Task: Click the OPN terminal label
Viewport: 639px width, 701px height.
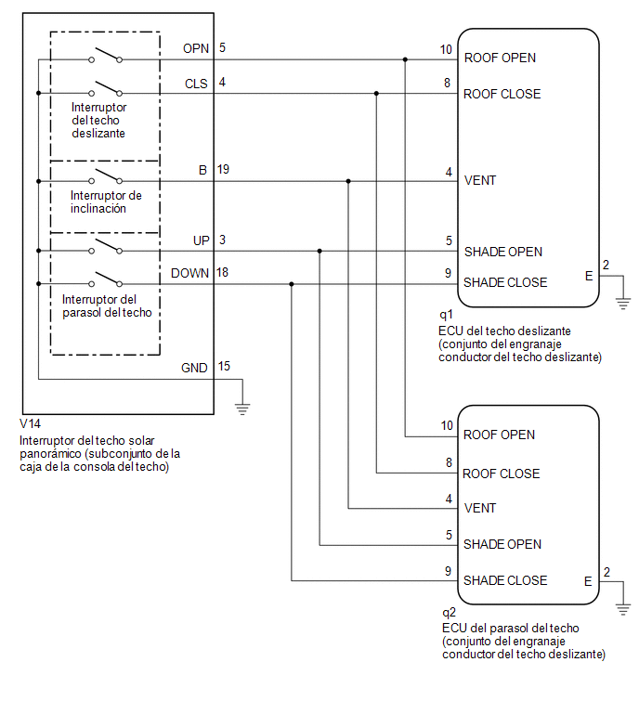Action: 195,48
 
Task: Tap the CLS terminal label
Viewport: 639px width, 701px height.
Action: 196,84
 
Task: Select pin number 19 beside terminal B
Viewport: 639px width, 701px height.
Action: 223,169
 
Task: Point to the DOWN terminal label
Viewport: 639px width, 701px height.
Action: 189,273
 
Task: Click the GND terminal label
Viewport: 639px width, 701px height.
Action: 194,368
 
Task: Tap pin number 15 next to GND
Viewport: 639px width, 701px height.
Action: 224,367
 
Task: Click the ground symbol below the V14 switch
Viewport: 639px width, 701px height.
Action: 242,409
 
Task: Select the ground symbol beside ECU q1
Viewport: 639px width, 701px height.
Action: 623,303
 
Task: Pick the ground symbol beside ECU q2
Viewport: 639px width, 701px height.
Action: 623,609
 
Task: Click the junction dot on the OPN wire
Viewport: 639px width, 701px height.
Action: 405,59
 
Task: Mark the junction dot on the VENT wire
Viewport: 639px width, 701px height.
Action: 348,181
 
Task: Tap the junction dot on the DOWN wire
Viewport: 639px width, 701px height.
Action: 292,284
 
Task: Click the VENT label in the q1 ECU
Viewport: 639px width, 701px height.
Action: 480,181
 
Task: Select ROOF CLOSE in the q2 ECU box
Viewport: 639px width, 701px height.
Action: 501,474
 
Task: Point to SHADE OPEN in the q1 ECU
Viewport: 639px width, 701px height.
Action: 503,253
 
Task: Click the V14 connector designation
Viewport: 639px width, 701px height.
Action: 30,423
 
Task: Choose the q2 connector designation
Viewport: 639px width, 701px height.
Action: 449,613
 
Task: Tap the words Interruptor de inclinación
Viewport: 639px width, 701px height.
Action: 106,202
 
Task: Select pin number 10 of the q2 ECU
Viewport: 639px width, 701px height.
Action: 447,425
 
